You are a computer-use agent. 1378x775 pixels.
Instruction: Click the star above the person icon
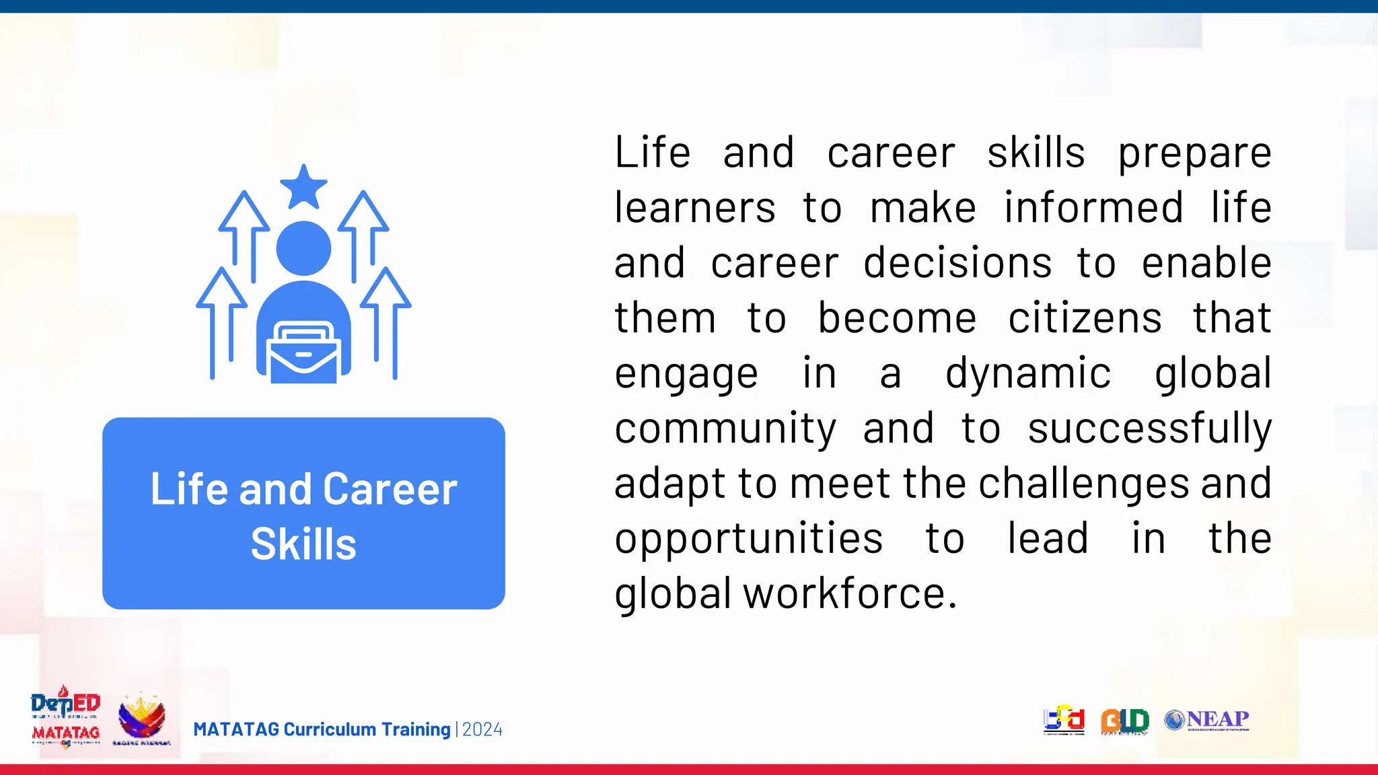click(303, 187)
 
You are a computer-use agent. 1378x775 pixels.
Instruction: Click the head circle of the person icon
click(303, 248)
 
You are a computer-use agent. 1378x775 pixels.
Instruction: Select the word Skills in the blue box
click(303, 544)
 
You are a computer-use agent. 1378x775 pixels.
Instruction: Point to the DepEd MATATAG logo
click(65, 717)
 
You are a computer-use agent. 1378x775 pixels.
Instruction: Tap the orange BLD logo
click(1124, 721)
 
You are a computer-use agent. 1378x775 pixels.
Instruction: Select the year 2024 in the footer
click(482, 729)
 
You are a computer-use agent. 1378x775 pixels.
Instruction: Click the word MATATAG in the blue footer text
click(235, 729)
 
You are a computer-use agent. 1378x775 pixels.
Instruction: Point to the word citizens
click(1085, 318)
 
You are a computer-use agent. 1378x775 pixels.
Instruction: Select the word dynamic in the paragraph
click(1027, 373)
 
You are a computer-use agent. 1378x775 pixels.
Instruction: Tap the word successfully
click(1149, 429)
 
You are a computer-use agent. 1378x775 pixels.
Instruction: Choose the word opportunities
click(748, 540)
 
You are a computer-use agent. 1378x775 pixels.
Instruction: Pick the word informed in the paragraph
click(1093, 207)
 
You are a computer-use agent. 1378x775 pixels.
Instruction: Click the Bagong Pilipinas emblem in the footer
click(141, 718)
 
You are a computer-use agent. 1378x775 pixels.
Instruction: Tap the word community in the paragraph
click(725, 429)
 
